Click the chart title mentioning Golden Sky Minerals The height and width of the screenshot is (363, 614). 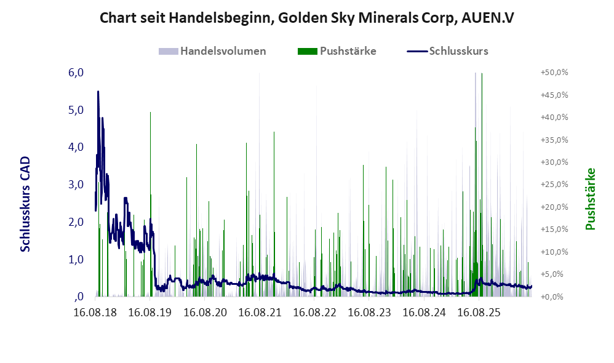[x=306, y=18]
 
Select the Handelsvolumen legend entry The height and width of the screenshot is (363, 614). [x=212, y=51]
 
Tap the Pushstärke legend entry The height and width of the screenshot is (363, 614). [x=337, y=51]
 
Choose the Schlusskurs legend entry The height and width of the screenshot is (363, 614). [x=447, y=51]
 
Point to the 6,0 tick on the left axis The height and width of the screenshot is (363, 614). [x=76, y=73]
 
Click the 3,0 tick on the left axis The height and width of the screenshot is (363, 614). [x=76, y=185]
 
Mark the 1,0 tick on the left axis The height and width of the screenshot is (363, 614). [x=76, y=259]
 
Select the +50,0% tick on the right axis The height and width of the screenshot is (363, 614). [x=554, y=73]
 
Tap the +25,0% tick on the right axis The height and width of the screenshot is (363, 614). [x=554, y=185]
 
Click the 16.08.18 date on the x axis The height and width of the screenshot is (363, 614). [x=95, y=313]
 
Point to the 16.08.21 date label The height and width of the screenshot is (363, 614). [x=260, y=313]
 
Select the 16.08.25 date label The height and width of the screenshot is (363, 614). [x=479, y=313]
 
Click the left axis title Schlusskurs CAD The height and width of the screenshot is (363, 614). [x=25, y=204]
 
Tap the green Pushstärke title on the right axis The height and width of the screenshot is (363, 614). [x=590, y=199]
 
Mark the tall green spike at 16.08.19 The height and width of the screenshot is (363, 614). [x=150, y=204]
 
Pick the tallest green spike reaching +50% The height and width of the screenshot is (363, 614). [x=482, y=184]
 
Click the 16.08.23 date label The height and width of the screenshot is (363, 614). [x=369, y=313]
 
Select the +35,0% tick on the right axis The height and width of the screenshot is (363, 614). [x=554, y=140]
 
